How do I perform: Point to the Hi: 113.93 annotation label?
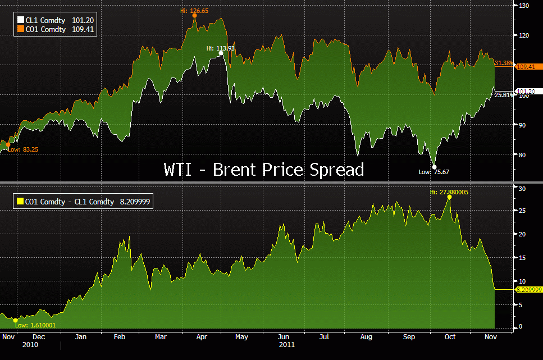[220, 48]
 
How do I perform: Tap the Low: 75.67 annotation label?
[435, 172]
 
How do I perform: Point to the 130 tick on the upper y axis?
[523, 6]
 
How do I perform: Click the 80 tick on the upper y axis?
[522, 155]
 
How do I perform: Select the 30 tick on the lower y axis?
[521, 189]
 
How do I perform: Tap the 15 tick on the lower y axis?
[521, 258]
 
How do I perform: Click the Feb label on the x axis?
[119, 337]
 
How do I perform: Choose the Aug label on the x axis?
[366, 337]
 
